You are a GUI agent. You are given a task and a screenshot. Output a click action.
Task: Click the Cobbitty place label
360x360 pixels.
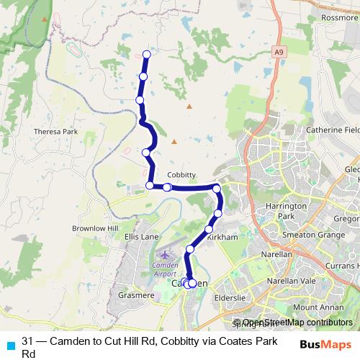(x=181, y=175)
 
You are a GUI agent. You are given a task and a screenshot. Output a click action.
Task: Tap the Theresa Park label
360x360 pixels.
(x=55, y=132)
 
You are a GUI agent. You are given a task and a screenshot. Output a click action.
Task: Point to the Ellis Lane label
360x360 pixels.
(x=140, y=236)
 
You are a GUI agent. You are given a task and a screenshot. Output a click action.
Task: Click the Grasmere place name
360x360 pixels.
(x=132, y=295)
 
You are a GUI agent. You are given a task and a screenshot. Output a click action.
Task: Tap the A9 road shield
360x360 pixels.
(x=279, y=52)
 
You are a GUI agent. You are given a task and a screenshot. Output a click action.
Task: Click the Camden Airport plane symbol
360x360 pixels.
(x=166, y=256)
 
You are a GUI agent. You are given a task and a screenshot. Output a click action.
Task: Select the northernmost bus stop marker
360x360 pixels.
(x=147, y=54)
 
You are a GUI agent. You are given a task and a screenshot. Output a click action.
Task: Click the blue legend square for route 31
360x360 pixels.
(x=9, y=341)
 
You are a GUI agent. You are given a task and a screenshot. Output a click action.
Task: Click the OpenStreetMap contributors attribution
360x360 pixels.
(x=297, y=323)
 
